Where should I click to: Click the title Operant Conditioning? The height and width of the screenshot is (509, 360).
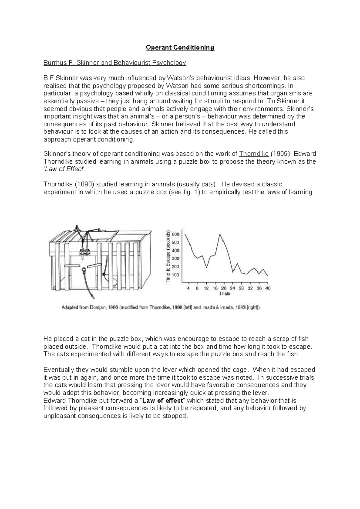tap(180, 47)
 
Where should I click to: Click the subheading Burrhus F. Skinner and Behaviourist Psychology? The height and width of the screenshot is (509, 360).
tap(115, 63)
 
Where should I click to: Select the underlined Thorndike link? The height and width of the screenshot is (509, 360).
tap(254, 154)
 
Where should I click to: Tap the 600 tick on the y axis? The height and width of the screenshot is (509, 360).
tap(175, 234)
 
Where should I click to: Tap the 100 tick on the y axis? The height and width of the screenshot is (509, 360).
tap(175, 275)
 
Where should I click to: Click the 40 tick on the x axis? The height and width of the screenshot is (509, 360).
tap(268, 288)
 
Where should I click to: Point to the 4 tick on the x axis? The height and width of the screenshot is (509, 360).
tap(188, 288)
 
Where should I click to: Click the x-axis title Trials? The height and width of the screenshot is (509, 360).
tap(224, 294)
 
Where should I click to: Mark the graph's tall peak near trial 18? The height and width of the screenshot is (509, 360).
tap(220, 235)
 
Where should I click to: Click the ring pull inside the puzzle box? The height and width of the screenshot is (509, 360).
tap(84, 269)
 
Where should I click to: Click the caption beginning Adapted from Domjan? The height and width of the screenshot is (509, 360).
tap(160, 308)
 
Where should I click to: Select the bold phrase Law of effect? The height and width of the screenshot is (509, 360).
tap(163, 401)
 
